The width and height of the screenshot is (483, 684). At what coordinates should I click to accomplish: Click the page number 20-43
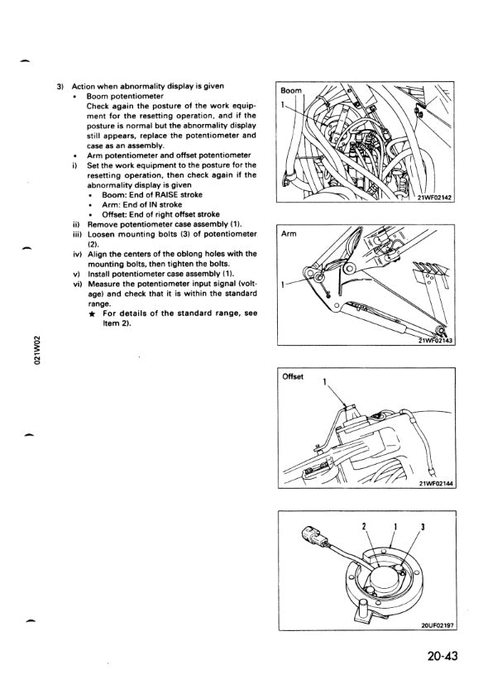pyautogui.click(x=442, y=655)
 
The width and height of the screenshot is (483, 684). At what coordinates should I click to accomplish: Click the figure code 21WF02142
pyautogui.click(x=435, y=197)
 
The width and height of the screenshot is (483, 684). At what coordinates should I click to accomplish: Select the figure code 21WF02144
pyautogui.click(x=437, y=483)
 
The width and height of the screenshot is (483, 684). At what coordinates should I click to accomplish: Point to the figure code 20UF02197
pyautogui.click(x=438, y=625)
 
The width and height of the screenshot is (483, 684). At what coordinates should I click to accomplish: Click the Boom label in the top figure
pyautogui.click(x=291, y=90)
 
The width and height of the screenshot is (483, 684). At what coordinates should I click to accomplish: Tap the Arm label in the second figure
pyautogui.click(x=289, y=233)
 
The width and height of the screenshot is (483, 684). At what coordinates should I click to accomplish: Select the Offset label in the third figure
pyautogui.click(x=293, y=376)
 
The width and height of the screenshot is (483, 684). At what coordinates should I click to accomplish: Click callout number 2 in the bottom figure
pyautogui.click(x=363, y=527)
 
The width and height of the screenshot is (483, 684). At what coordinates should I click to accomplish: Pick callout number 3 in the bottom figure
pyautogui.click(x=423, y=527)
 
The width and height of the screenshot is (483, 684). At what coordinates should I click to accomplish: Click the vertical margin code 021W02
pyautogui.click(x=38, y=350)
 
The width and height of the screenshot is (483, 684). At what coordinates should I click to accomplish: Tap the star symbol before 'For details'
pyautogui.click(x=92, y=314)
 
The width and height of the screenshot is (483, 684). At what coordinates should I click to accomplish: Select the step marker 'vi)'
pyautogui.click(x=76, y=285)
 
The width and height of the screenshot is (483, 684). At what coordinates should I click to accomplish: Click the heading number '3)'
pyautogui.click(x=61, y=86)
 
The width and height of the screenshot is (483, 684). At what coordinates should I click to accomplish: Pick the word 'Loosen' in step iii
pyautogui.click(x=100, y=234)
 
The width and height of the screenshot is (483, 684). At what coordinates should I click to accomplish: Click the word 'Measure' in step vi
pyautogui.click(x=102, y=285)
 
